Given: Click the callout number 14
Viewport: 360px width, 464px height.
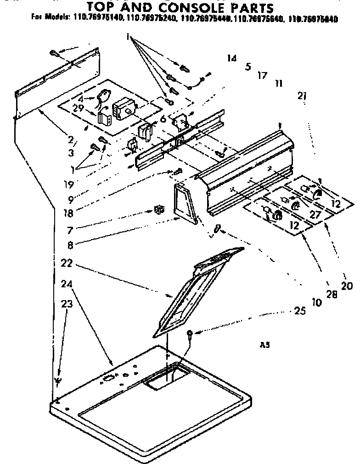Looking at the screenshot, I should [231, 58].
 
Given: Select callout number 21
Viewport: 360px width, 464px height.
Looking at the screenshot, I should [302, 96].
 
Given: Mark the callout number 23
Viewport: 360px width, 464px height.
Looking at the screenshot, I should [67, 303].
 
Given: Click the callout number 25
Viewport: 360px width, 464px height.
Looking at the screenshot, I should [299, 311].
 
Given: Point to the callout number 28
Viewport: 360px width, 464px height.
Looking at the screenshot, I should [331, 294].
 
